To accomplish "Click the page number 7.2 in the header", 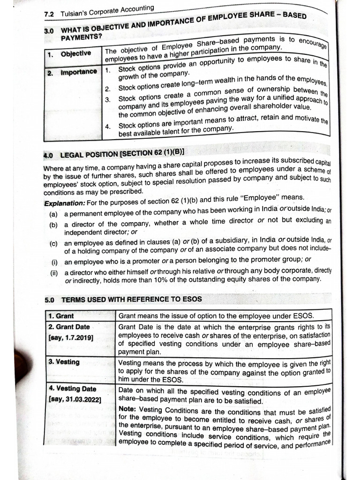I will coord(49,15).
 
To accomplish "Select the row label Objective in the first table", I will coord(75,54).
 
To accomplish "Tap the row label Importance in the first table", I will coord(79,72).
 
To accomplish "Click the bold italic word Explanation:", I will coord(64,203).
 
